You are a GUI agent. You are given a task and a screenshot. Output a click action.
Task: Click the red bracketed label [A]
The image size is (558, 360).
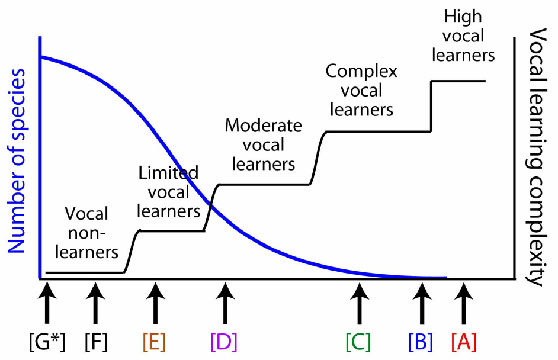coord(464,342)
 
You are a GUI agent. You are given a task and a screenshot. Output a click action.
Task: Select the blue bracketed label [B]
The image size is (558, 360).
coord(421,342)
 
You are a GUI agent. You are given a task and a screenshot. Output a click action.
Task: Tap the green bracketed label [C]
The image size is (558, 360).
coord(358,342)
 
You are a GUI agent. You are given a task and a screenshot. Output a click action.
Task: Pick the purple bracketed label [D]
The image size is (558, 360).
coord(224,342)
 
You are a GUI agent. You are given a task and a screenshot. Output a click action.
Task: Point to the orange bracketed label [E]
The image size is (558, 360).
coord(155,342)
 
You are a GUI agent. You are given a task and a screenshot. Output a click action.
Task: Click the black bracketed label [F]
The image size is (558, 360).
coord(96,342)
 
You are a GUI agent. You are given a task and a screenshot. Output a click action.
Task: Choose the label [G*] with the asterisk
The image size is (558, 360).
coord(47,342)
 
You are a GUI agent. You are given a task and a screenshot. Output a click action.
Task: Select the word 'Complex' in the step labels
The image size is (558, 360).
coord(361,72)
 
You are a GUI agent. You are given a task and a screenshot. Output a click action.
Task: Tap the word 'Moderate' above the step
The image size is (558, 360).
coord(263,126)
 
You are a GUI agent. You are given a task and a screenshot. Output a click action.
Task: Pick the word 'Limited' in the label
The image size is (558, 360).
coord(168,173)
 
